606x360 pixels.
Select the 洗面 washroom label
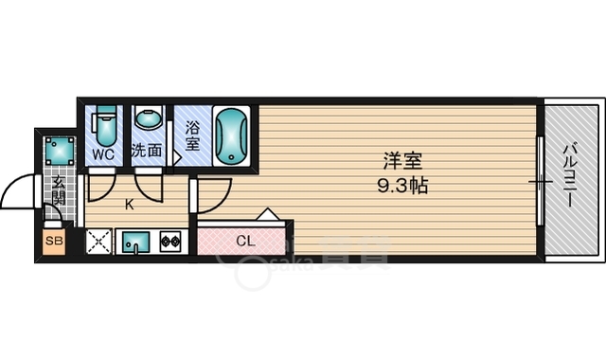click(146, 150)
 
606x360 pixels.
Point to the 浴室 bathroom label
click(192, 135)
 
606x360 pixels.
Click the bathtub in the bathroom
click(231, 135)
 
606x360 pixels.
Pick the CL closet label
click(244, 241)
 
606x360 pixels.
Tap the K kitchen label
click(131, 201)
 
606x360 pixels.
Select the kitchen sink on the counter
click(135, 243)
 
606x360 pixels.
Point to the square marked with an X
click(98, 243)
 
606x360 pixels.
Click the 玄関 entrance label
click(59, 190)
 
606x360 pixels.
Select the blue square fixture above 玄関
click(59, 150)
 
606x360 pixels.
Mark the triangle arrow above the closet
click(268, 215)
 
